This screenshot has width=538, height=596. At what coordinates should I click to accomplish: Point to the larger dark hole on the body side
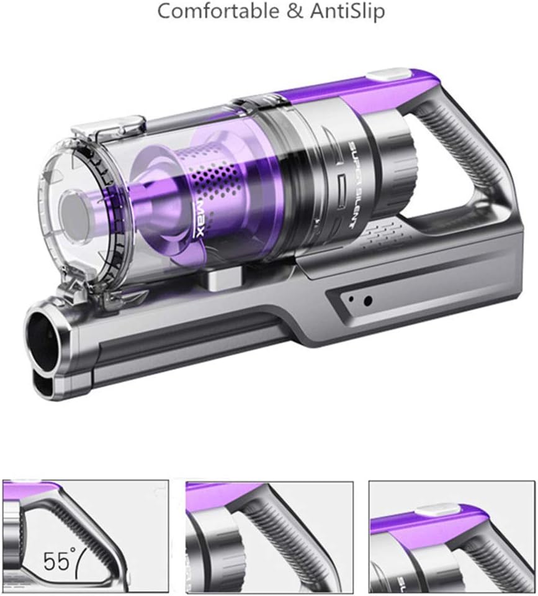coord(367,301)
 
